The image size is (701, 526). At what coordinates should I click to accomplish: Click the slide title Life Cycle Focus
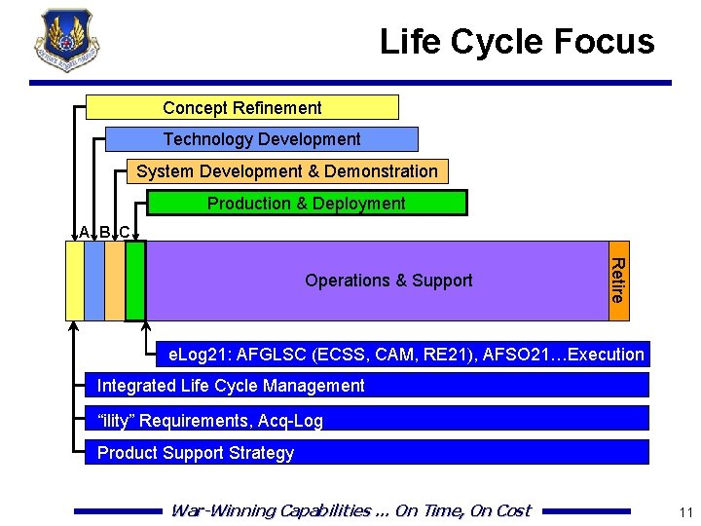pos(517,42)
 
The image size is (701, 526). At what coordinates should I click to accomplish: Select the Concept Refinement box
pos(242,107)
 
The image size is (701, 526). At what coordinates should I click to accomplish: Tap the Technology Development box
pos(261,139)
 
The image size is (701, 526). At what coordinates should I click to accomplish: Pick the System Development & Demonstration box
pos(287,171)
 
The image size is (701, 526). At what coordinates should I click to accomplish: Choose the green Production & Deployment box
pos(307,203)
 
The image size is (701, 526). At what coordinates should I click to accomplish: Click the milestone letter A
pos(85,232)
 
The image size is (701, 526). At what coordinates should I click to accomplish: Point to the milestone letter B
pos(105,232)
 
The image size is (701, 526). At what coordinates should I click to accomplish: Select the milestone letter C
pos(125,232)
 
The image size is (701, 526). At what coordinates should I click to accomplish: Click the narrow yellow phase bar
pos(74,281)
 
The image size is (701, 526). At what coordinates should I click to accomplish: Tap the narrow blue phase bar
pos(94,281)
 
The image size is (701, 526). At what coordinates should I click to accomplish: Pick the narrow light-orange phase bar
pos(114,281)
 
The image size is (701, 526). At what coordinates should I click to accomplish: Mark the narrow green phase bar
pos(135,281)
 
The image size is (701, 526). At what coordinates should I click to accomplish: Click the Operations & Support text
pos(388,281)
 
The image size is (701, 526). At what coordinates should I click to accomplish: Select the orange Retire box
pos(618,281)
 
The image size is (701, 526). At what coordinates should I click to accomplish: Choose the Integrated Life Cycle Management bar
pos(366,385)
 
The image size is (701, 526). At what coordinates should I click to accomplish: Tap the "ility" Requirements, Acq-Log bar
pos(366,419)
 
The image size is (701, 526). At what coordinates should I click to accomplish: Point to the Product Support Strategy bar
pos(366,452)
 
